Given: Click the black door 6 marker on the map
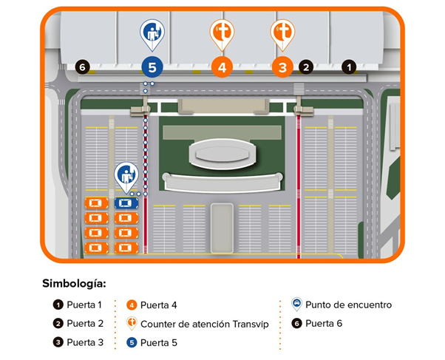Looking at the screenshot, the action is (x=82, y=67).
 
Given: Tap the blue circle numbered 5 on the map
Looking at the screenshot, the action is (x=152, y=67).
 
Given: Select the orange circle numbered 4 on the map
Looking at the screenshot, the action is (x=222, y=67).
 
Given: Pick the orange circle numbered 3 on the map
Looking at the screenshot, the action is (x=282, y=67).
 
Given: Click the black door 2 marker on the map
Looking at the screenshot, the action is (x=306, y=67).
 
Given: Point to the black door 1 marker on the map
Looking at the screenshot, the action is (x=349, y=67).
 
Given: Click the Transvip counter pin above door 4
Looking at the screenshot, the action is (x=222, y=34).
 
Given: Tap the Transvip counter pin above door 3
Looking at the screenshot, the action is (x=282, y=34).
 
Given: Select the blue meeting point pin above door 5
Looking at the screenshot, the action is (x=152, y=34).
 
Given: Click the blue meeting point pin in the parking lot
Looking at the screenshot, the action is (x=126, y=177).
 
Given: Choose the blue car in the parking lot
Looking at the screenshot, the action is (x=126, y=203).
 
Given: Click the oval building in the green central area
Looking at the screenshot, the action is (x=222, y=154).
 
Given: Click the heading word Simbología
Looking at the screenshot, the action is (x=74, y=284).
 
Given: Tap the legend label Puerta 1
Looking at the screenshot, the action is (x=84, y=305).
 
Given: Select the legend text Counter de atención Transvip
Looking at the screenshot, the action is (x=204, y=324).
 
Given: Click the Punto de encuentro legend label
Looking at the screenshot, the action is (x=348, y=305).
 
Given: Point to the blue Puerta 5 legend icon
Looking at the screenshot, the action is (x=132, y=343).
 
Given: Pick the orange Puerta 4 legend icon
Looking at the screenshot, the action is (x=132, y=305).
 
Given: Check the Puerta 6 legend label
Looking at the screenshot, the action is (x=324, y=323).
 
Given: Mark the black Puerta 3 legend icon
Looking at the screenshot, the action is (x=58, y=342).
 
